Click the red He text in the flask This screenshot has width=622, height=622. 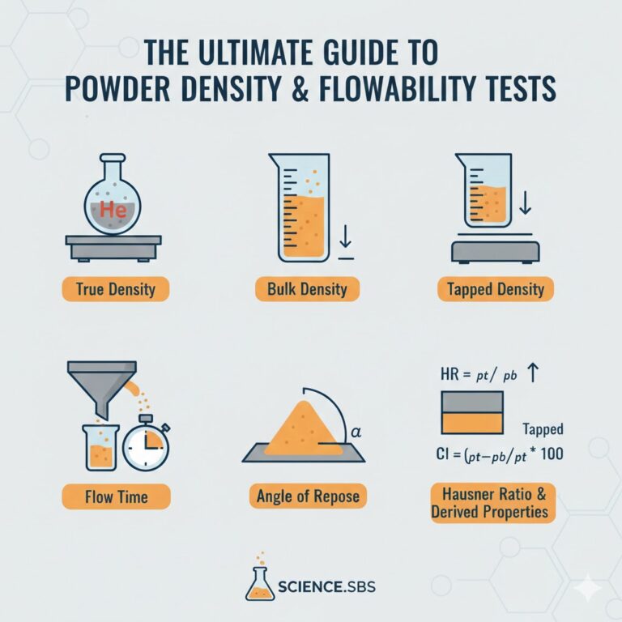(113, 209)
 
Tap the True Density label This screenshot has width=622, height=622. (116, 289)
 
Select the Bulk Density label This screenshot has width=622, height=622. (307, 289)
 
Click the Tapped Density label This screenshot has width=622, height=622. (496, 289)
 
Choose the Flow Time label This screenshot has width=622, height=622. (117, 496)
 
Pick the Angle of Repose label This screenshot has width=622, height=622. (308, 496)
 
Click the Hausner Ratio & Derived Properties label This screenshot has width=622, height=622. (493, 503)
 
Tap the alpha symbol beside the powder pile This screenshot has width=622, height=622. (356, 432)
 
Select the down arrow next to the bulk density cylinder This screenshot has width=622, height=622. (346, 236)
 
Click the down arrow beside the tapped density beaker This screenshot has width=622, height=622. (525, 202)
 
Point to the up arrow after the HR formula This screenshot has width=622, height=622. (533, 373)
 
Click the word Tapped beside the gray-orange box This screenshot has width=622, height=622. (543, 428)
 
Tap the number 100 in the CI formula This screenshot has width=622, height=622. (552, 454)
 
